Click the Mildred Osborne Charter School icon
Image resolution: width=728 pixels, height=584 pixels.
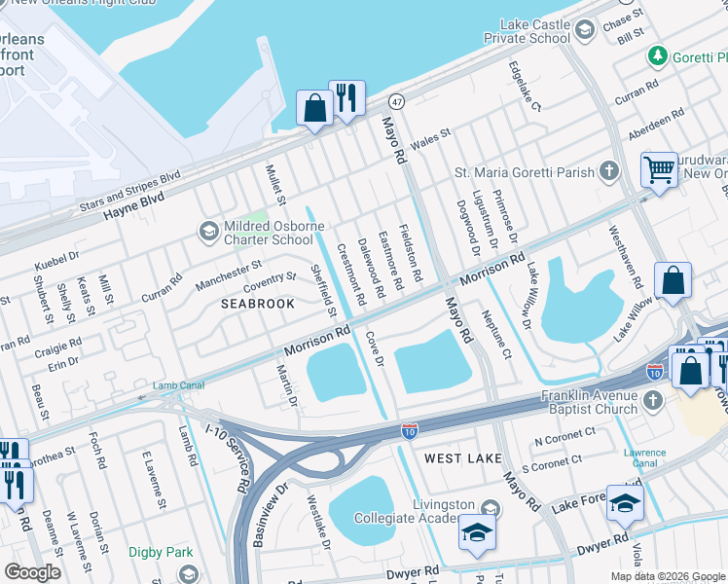coord(207,232)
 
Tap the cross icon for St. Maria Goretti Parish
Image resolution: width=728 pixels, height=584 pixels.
coord(609,172)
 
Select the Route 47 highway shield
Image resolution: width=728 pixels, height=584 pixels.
coord(396,101)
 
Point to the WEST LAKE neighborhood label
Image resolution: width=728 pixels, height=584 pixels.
coord(463,457)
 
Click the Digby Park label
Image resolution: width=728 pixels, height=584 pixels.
coord(161,553)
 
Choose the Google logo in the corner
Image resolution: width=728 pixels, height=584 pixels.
coord(32,572)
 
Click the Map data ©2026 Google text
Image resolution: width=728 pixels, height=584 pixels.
coord(668,576)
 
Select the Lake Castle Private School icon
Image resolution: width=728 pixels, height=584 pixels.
coord(584,31)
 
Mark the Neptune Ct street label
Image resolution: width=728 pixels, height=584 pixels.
coord(494,334)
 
